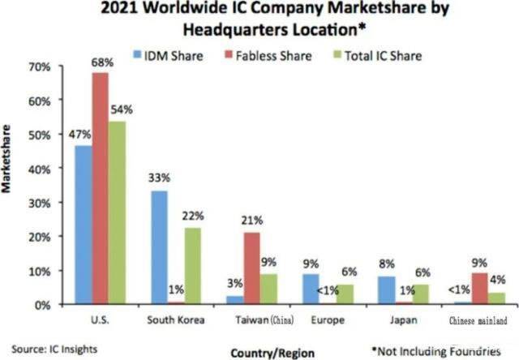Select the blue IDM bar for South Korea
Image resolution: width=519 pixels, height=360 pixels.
[x=160, y=247]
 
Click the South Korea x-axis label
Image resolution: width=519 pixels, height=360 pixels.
[x=176, y=319]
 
